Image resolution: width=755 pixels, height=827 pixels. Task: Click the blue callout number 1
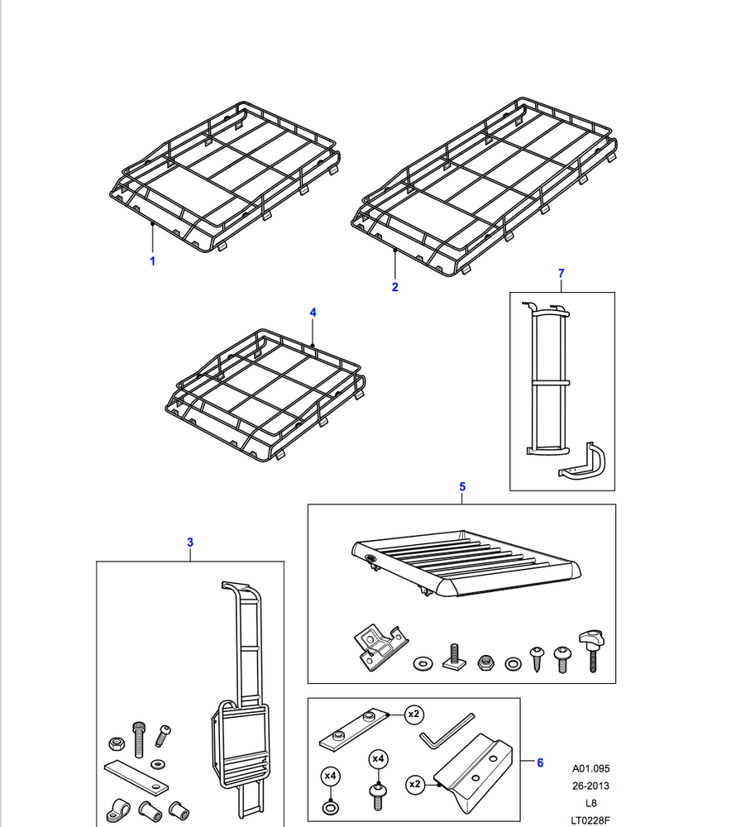(x=152, y=261)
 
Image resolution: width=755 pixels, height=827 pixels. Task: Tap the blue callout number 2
(x=395, y=287)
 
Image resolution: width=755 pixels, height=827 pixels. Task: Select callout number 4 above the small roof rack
(x=313, y=312)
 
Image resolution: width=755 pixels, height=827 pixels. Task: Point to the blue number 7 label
(x=561, y=273)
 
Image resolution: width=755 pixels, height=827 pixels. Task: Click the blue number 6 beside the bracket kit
(x=540, y=762)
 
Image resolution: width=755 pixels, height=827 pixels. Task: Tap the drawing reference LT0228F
(x=590, y=820)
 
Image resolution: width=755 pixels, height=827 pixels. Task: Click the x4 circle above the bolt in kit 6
(x=378, y=758)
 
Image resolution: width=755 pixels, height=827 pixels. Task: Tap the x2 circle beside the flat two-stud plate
(x=413, y=713)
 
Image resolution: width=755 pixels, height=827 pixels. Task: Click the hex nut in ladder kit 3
(x=117, y=735)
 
